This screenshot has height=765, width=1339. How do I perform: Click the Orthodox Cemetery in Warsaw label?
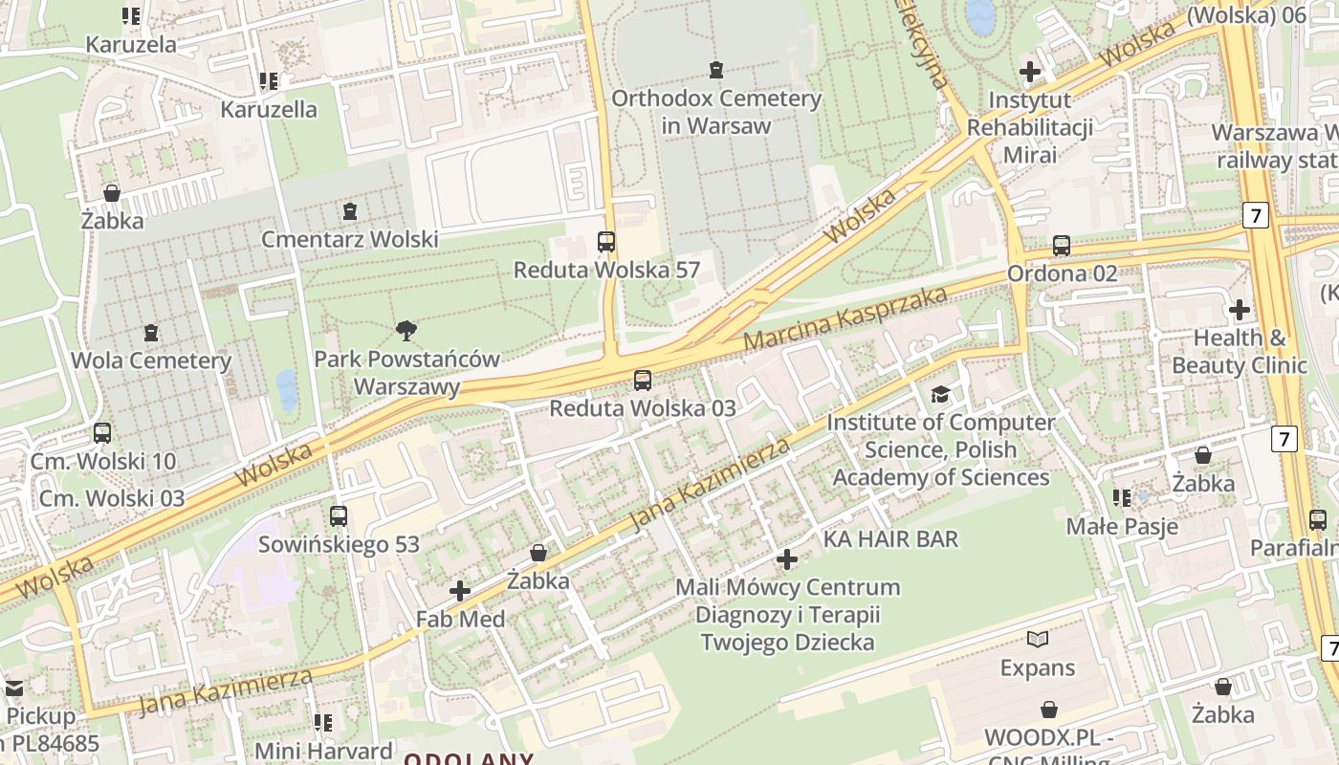[x=716, y=112]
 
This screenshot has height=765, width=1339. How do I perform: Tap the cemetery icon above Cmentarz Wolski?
[x=350, y=210]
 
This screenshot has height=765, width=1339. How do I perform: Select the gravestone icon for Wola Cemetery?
[x=150, y=333]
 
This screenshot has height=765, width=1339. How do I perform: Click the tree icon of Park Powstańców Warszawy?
[x=406, y=331]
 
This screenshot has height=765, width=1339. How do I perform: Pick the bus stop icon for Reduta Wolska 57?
[x=606, y=242]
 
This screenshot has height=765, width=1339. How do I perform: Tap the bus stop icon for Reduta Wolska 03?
[x=643, y=381]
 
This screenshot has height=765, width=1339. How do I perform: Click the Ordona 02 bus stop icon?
[x=1061, y=246]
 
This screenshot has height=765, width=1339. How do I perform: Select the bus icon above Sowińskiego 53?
[x=339, y=516]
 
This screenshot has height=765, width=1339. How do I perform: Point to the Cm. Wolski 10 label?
[x=103, y=461]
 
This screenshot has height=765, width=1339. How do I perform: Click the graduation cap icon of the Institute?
[x=941, y=394]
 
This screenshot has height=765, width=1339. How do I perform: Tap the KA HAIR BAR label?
[x=890, y=539]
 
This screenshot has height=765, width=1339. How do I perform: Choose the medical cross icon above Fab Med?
[x=460, y=591]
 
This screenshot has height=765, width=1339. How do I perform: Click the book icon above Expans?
[x=1038, y=639]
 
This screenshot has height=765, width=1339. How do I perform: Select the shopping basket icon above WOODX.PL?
[x=1049, y=710]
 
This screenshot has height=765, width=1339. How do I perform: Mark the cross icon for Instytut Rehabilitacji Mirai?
[x=1030, y=72]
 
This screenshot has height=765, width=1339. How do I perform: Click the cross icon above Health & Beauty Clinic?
[x=1240, y=310]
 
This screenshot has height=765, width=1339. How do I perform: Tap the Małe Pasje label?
[x=1122, y=526]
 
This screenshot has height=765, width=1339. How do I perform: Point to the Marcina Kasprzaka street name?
[x=845, y=317]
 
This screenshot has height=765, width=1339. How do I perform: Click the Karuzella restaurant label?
[x=269, y=109]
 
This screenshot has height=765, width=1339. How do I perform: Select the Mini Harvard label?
[x=323, y=751]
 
